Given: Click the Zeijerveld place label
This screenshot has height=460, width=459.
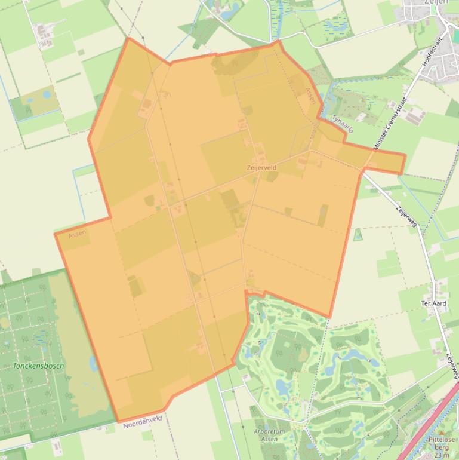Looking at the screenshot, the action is tap(261, 168).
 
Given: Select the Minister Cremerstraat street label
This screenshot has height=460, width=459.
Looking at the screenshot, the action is tap(390, 123).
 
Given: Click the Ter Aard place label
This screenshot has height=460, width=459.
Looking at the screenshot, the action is tap(433, 303).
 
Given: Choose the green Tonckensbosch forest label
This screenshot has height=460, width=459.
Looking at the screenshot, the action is tap(38, 366).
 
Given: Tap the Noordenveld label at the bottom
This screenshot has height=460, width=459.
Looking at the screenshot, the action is tap(143, 422).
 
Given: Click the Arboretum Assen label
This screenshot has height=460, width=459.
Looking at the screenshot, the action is tap(269, 435).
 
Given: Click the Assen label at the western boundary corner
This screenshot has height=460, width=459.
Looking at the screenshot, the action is tap(77, 234).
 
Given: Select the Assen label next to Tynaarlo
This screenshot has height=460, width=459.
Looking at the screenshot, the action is tap(311, 96).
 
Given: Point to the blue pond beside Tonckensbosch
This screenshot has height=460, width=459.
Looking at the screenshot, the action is tap(93, 363).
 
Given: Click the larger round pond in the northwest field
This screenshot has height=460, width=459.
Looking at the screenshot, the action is tap(47, 94).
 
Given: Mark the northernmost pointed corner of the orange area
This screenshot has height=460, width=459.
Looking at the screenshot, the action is tap(128, 38).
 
